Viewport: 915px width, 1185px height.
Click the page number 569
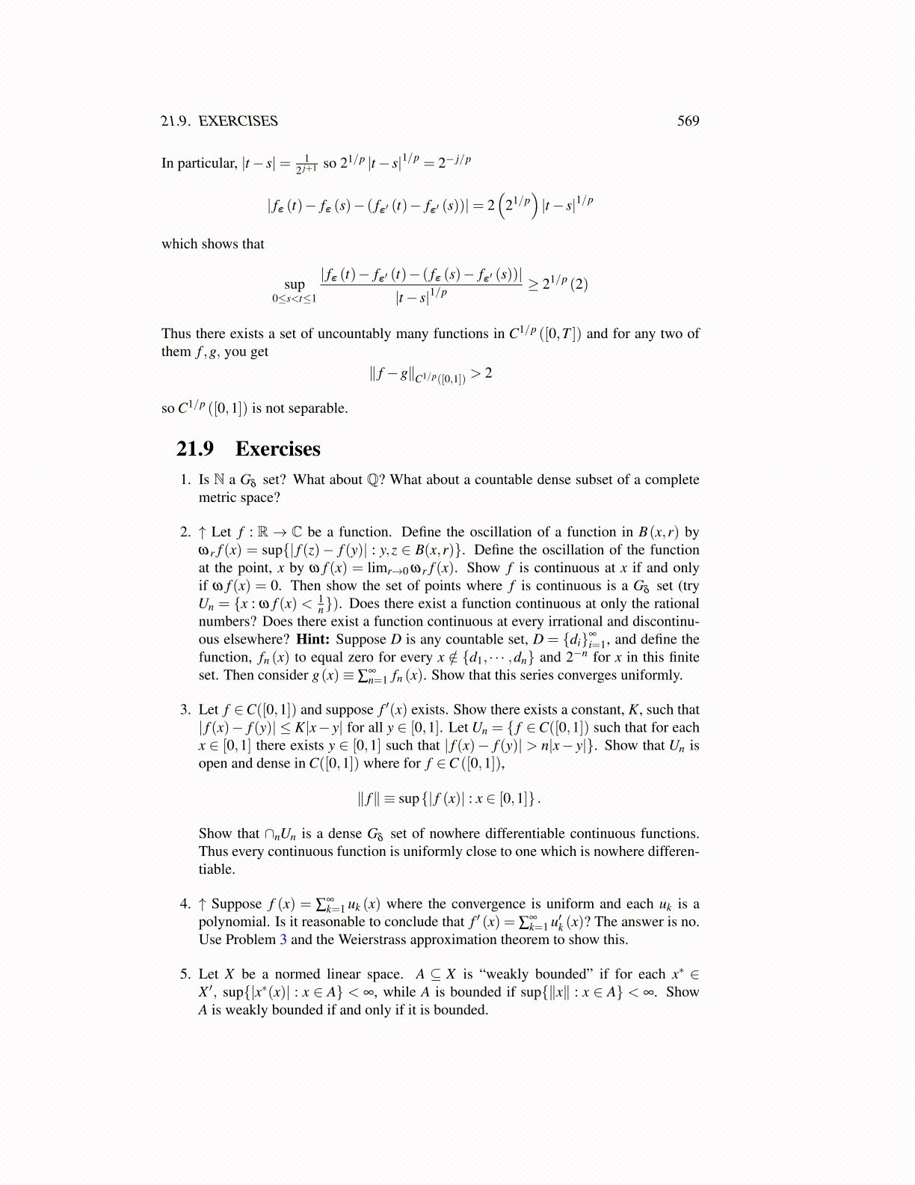click(688, 121)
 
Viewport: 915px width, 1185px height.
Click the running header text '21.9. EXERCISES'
click(219, 121)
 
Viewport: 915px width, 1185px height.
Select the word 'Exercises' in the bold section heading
click(277, 449)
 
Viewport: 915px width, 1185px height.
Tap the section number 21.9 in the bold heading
click(195, 449)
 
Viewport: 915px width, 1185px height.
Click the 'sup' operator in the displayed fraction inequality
click(295, 284)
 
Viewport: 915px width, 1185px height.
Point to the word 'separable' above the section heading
click(319, 408)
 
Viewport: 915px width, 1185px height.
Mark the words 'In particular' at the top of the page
click(198, 163)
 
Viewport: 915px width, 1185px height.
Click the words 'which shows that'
click(213, 244)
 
